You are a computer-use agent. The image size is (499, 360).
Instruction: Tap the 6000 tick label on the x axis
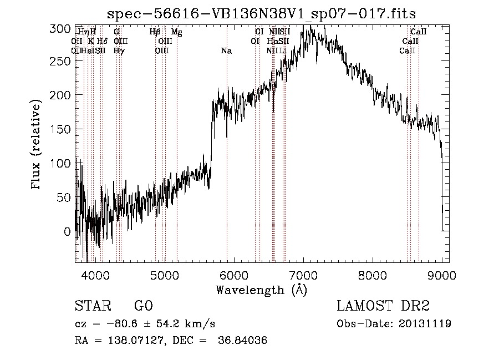pos(234,275)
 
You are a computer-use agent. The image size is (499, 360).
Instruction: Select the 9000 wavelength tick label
pos(442,275)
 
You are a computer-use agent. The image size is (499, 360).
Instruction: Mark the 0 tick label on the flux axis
pos(68,231)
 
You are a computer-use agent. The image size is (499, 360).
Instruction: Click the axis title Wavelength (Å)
pos(261,290)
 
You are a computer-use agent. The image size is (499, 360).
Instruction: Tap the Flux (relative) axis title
pos(37,145)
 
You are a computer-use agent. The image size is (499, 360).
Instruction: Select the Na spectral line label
pos(226,51)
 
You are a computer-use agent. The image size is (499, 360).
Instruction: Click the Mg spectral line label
pos(176,32)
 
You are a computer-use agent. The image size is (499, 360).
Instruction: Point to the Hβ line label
pos(155,32)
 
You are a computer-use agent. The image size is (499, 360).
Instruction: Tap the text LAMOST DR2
pos(383,306)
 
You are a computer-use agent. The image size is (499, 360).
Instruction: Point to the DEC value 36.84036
pos(243,341)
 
